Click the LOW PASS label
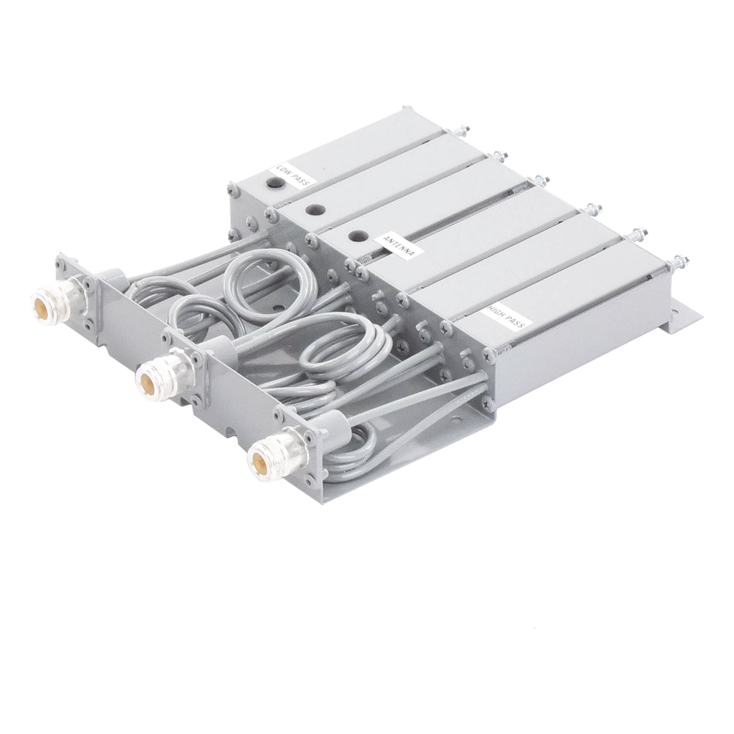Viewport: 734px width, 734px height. pos(294,176)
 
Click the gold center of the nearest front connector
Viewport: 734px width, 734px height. pos(261,459)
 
